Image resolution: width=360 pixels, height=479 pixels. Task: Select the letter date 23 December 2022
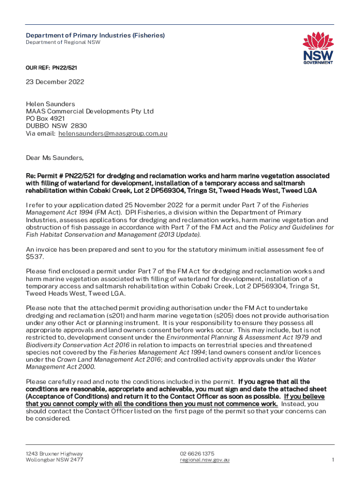click(55, 82)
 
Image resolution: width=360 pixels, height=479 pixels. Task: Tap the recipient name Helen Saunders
click(50, 104)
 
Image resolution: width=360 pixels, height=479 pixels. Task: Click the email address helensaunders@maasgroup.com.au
click(113, 133)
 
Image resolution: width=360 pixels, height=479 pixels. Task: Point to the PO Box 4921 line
click(45, 119)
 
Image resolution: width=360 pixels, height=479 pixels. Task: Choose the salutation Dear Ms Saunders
click(55, 158)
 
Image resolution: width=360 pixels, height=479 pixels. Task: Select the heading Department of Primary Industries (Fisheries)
click(95, 36)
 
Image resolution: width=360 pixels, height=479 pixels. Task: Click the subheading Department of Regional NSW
click(63, 43)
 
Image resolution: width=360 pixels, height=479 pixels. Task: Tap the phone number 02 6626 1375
click(197, 454)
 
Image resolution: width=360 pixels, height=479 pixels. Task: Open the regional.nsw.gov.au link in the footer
click(205, 460)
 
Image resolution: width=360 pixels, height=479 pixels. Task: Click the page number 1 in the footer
click(333, 460)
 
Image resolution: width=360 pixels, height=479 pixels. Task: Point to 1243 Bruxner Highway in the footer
click(55, 454)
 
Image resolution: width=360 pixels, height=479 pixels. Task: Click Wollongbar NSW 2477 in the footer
click(55, 460)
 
